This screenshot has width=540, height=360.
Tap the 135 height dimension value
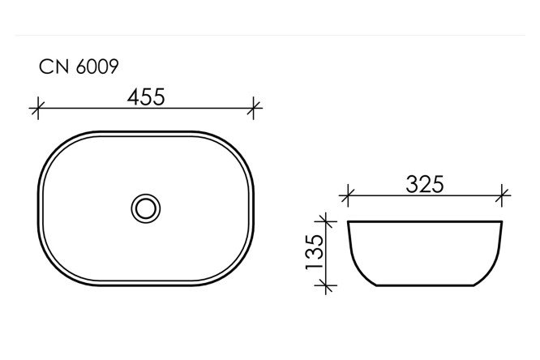coord(315,251)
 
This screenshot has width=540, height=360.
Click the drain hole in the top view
coord(146,208)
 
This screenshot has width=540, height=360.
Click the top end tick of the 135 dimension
coord(326,220)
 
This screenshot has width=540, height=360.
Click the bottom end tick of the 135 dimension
coord(326,284)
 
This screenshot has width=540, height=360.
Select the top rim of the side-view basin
coord(426,221)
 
